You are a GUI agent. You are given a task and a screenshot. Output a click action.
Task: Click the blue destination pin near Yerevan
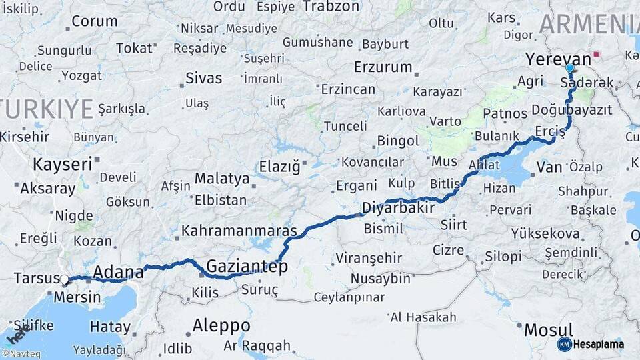(x=569, y=68)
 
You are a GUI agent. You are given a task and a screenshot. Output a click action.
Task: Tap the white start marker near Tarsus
(x=63, y=281)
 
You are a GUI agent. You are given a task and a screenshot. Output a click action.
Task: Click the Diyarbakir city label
(x=398, y=208)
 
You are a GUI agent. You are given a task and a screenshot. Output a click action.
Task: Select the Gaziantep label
(x=247, y=267)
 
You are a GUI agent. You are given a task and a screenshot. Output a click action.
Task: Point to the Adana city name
(x=119, y=271)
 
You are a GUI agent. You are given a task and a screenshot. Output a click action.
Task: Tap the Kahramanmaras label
(x=239, y=231)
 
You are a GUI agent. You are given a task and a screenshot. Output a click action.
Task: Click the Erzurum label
(x=383, y=67)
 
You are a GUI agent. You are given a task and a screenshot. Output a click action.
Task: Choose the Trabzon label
(x=331, y=7)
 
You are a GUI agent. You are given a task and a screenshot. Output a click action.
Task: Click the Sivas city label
(x=204, y=78)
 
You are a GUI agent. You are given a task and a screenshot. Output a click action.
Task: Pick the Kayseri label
(x=62, y=164)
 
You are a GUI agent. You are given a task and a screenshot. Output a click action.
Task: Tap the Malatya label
(x=222, y=179)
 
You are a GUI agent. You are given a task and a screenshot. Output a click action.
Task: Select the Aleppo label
(x=221, y=325)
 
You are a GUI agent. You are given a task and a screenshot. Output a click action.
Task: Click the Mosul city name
(x=548, y=329)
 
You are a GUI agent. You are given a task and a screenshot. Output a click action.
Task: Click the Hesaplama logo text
(x=599, y=344)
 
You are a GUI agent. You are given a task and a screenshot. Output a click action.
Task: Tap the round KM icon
(x=565, y=344)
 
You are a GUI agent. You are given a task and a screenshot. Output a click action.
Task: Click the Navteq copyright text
(x=21, y=354)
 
